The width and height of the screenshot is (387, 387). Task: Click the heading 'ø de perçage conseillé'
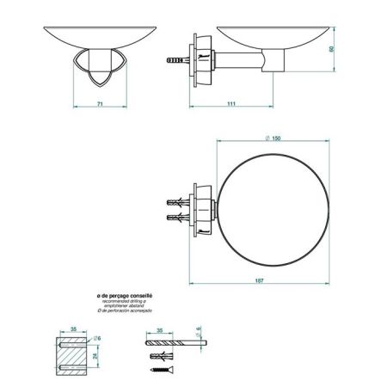tap(125, 295)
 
